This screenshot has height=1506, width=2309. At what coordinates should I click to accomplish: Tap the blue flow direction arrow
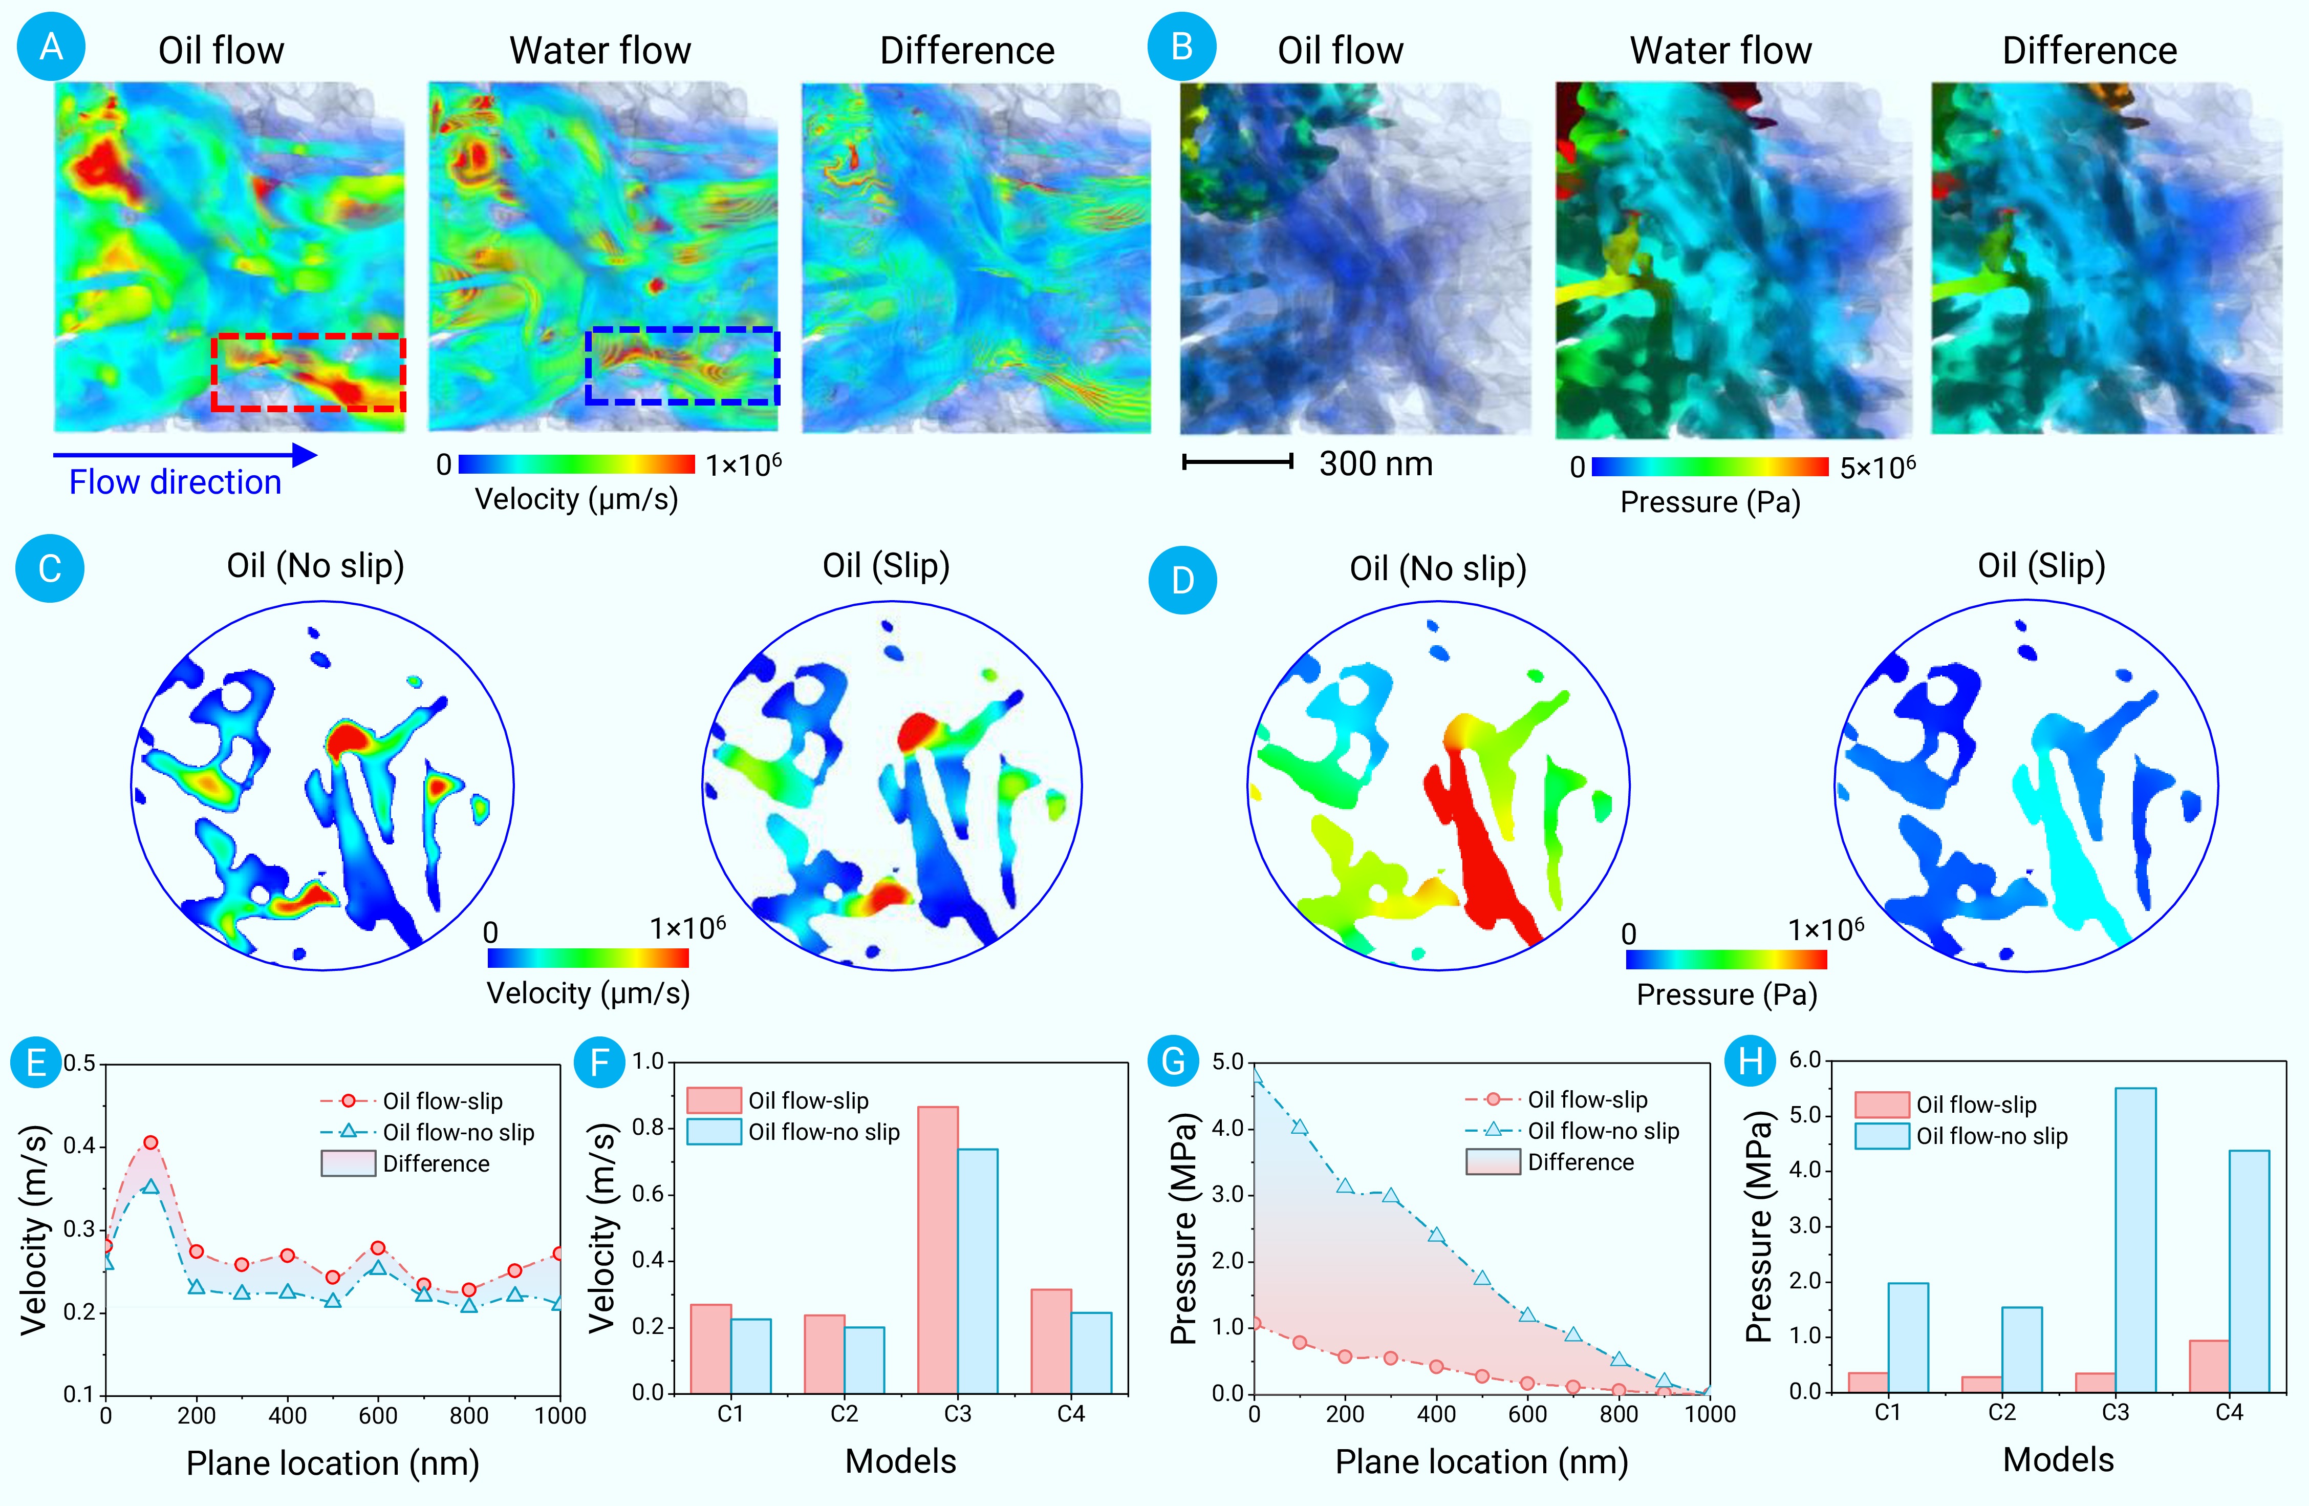(184, 454)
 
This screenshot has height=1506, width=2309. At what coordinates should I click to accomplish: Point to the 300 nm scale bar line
(1237, 462)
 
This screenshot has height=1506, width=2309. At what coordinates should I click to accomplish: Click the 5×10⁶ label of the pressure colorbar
(1878, 468)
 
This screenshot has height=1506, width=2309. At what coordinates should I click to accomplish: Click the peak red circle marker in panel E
(150, 1143)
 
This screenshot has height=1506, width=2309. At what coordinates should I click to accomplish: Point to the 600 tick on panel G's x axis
(1527, 1415)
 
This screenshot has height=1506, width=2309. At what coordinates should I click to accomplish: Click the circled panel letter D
(1182, 580)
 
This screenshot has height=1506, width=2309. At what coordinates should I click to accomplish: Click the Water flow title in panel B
(1720, 51)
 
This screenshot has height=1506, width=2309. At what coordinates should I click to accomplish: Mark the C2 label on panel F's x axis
(844, 1415)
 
